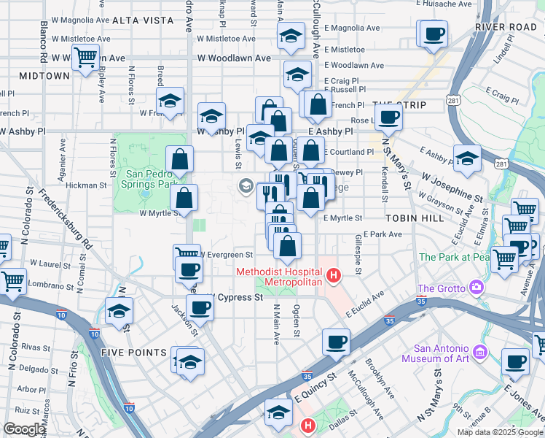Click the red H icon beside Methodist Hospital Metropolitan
(334, 275)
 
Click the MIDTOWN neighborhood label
(44, 75)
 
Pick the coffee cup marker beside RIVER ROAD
(434, 34)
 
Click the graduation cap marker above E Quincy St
(278, 412)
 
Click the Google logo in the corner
(24, 430)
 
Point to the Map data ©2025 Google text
(500, 432)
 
